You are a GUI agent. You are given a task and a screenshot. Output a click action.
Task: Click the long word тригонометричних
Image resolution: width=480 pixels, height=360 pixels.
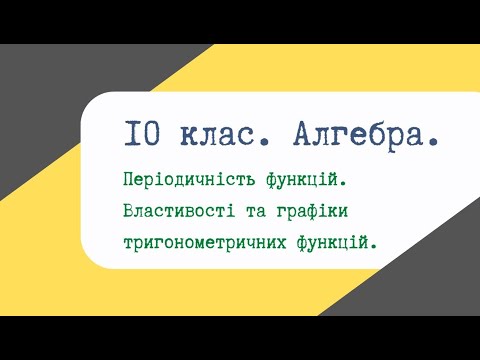tap(198, 241)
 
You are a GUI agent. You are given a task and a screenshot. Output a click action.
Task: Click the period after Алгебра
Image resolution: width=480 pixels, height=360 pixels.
tap(432, 143)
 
